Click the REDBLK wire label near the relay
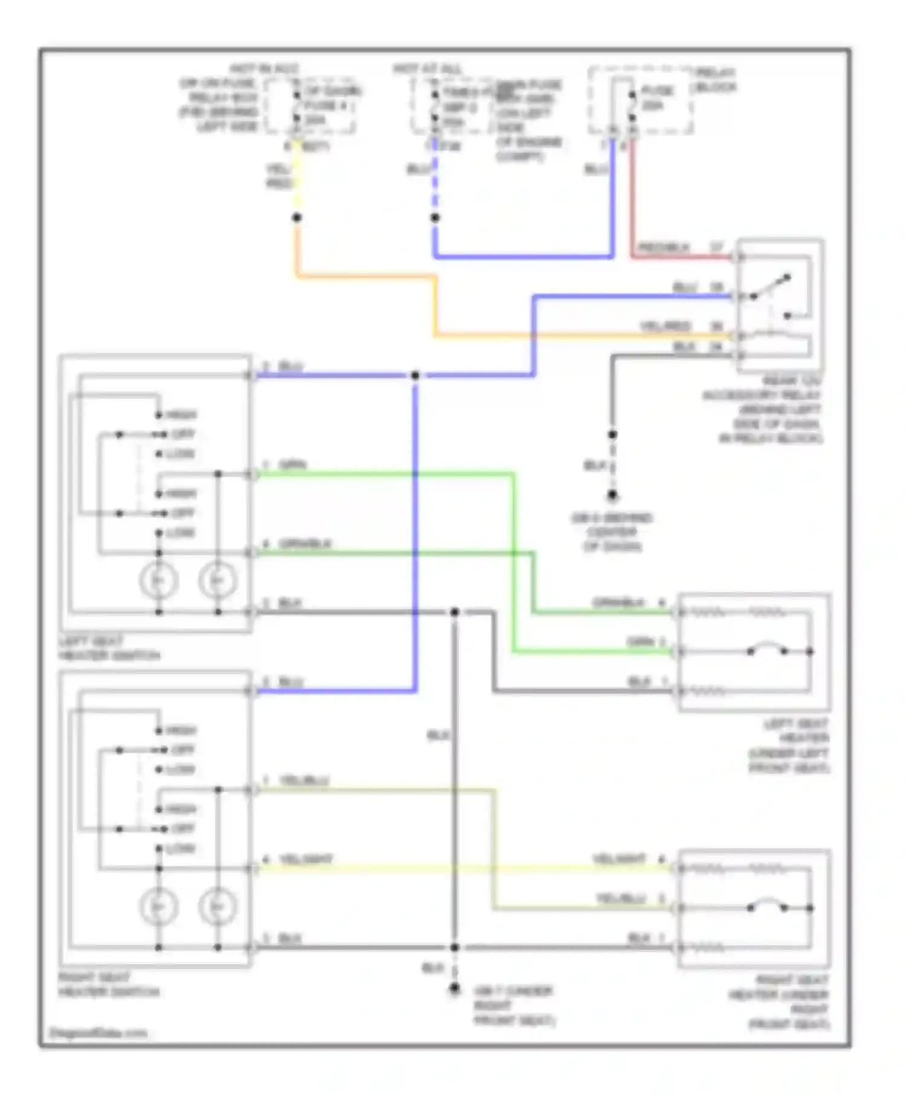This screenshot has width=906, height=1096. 663,247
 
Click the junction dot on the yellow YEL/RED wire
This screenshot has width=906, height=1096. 297,218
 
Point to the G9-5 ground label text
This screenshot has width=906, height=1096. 611,532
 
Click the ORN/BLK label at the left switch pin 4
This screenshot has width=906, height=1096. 305,544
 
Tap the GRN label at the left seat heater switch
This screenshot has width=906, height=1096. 293,465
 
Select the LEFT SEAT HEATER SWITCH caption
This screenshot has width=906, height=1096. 109,648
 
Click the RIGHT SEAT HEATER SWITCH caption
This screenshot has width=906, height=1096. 109,984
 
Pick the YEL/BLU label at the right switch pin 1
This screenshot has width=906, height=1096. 304,781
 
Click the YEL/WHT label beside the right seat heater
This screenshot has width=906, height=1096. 619,859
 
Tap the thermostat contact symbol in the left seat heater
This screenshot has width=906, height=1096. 766,650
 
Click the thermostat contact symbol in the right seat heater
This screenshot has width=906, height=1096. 766,906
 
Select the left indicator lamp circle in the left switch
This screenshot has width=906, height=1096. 158,581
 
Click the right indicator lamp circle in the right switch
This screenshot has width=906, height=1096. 217,906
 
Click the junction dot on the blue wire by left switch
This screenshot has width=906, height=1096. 415,376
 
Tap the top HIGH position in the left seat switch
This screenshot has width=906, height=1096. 180,415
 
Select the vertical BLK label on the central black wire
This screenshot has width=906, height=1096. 438,735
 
